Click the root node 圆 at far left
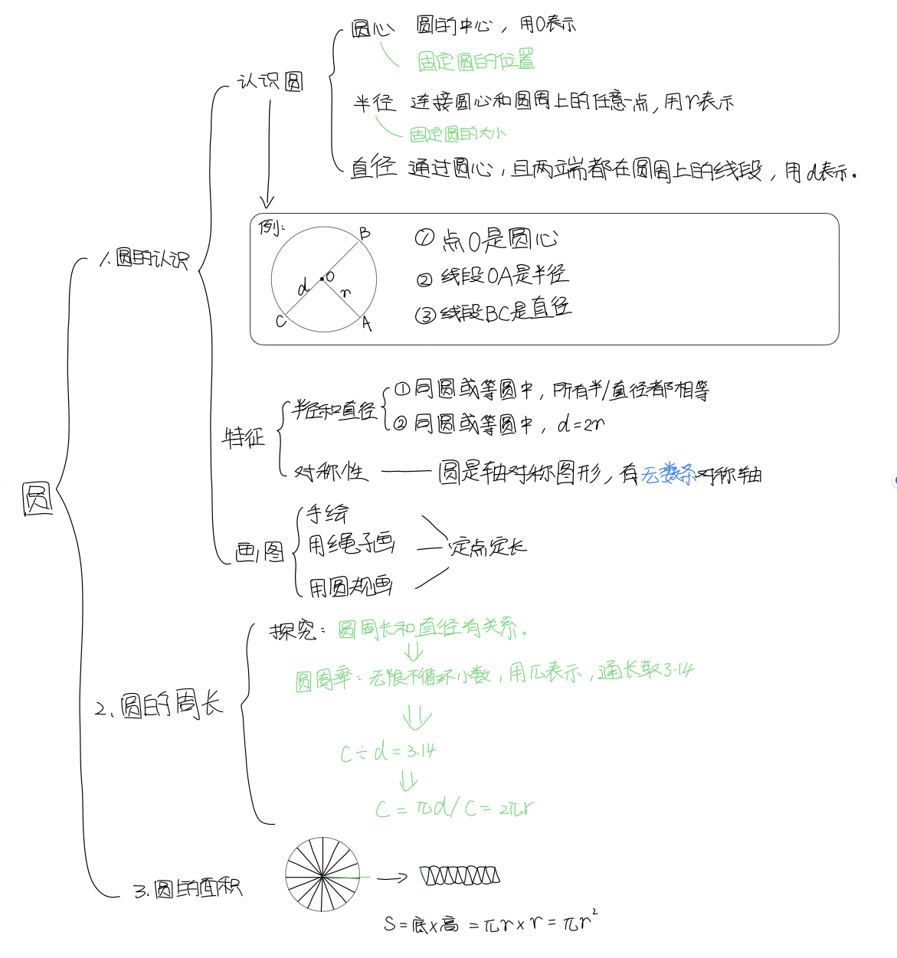(38, 499)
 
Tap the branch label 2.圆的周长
(159, 705)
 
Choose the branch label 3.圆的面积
(188, 888)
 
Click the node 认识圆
(270, 81)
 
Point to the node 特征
(244, 437)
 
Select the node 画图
(259, 551)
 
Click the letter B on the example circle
(365, 233)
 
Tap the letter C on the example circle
(280, 321)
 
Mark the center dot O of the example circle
(322, 279)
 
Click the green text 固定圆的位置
(476, 61)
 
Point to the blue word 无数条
(668, 475)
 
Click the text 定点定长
(488, 547)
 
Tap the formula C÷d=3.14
(388, 752)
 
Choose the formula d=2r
(581, 423)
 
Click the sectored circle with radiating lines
(322, 875)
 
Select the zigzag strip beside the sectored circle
(460, 875)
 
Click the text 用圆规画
(351, 587)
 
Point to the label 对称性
(331, 472)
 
